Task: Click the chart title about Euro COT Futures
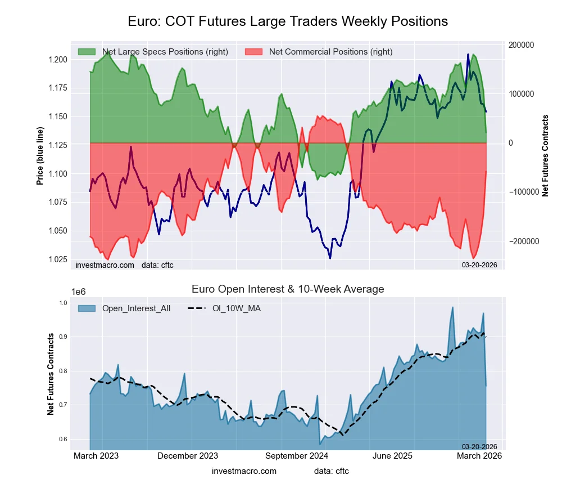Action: (x=287, y=21)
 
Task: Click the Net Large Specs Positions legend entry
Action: (x=153, y=52)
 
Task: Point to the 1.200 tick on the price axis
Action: (x=57, y=60)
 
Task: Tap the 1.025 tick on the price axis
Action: (x=57, y=259)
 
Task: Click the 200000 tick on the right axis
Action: (x=520, y=45)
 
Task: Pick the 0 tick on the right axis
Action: (x=511, y=143)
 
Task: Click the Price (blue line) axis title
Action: (x=40, y=156)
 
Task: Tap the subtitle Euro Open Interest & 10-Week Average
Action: (x=287, y=289)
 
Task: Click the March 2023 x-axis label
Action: (x=96, y=456)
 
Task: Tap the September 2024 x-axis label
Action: (x=291, y=456)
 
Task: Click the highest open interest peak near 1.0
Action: (x=452, y=307)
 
